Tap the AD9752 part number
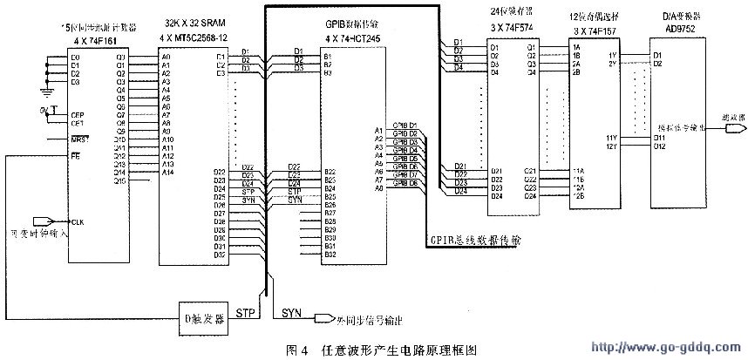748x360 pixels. pyautogui.click(x=673, y=31)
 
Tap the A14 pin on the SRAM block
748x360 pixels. pyautogui.click(x=167, y=172)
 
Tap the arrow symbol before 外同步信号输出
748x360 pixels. pyautogui.click(x=324, y=316)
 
